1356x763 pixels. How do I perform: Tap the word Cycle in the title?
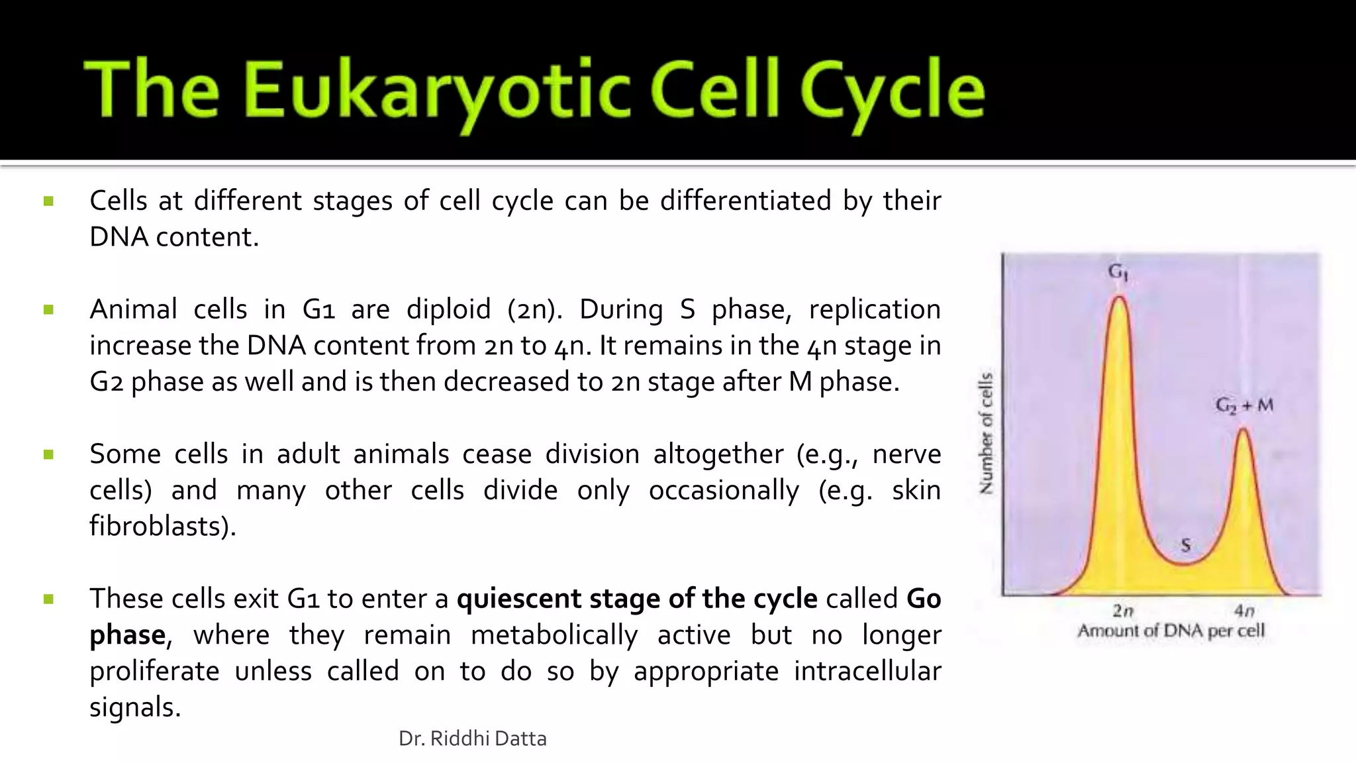892,91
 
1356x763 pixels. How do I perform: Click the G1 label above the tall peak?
1118,272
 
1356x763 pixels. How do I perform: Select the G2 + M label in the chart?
1244,405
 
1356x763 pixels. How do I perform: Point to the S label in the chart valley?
1185,545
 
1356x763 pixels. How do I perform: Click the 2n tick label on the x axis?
1123,610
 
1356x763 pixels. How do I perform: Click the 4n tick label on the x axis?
1244,610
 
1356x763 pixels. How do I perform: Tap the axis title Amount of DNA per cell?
1171,631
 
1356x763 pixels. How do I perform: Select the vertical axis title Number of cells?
987,434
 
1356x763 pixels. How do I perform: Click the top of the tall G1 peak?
1119,298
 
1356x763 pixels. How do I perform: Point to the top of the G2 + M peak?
1244,431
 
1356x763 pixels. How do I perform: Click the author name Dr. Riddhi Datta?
472,738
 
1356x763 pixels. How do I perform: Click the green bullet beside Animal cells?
48,310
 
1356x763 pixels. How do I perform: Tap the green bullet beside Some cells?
48,454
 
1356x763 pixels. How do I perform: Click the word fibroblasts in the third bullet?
162,527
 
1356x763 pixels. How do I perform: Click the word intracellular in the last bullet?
867,671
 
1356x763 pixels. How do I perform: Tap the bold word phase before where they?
127,635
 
